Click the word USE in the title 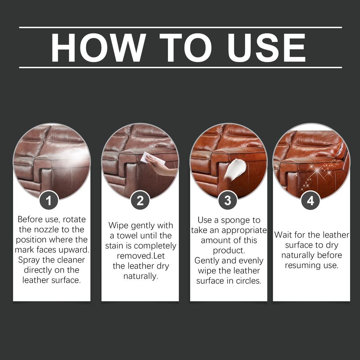pyautogui.click(x=266, y=47)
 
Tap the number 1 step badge pyautogui.click(x=49, y=200)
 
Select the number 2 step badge pyautogui.click(x=140, y=200)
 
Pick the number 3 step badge pyautogui.click(x=227, y=200)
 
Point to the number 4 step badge pyautogui.click(x=310, y=200)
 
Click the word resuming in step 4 pyautogui.click(x=300, y=266)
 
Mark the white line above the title pyautogui.click(x=180, y=27)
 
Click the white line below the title pyautogui.click(x=180, y=67)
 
